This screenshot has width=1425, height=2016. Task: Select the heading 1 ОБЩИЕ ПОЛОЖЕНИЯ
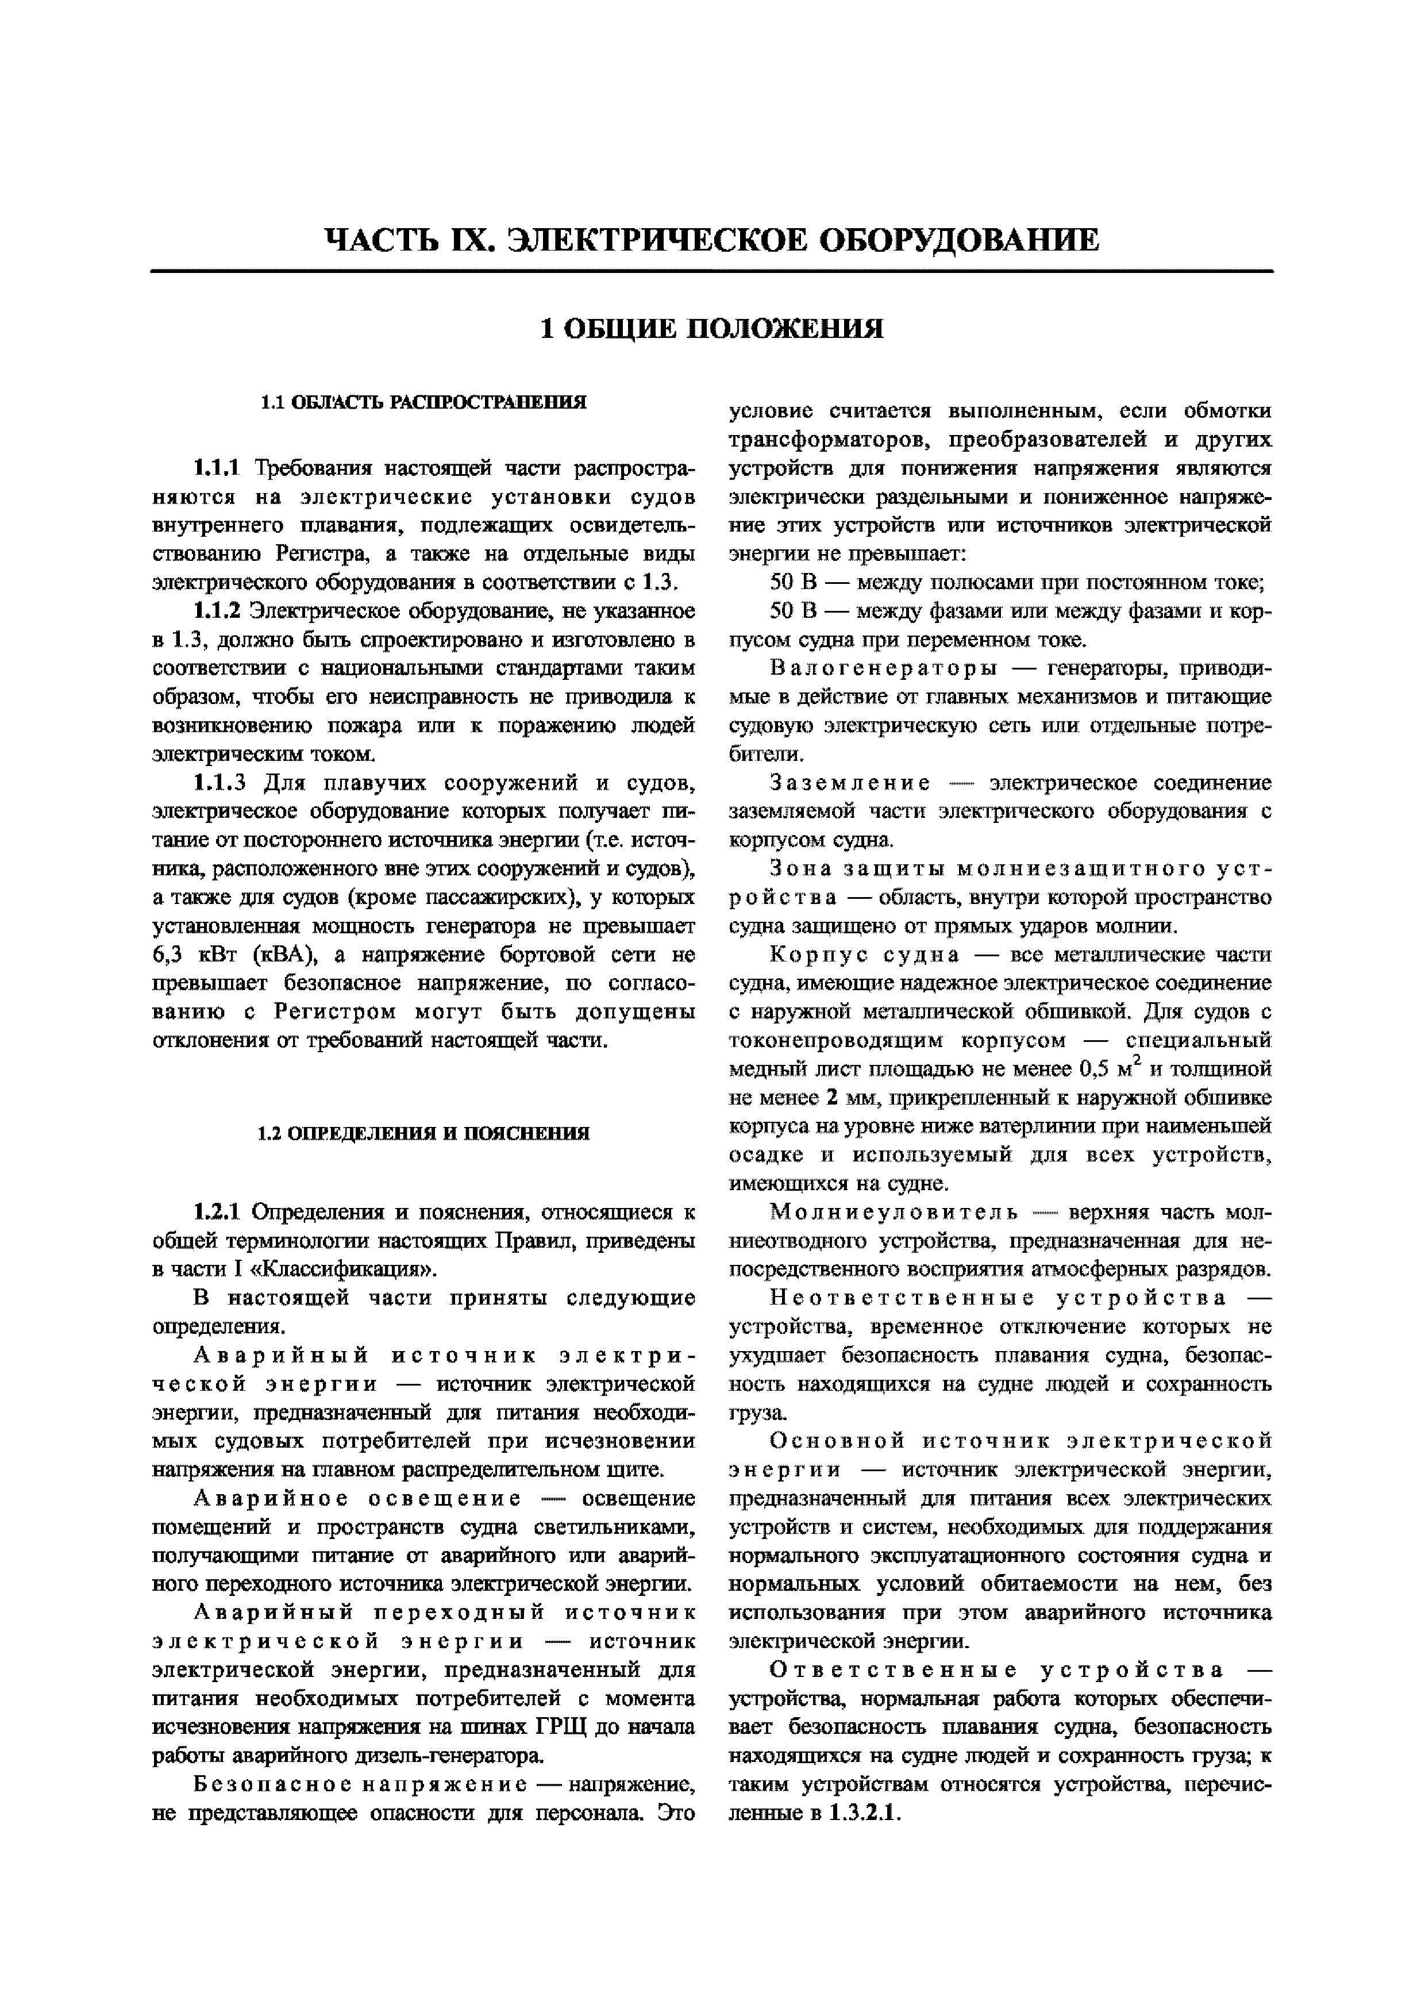pos(711,329)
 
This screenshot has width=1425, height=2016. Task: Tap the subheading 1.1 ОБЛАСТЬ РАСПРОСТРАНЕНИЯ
pos(423,403)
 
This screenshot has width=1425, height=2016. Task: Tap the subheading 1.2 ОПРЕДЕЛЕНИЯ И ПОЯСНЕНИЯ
pos(423,1133)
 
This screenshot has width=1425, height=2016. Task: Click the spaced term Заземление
pos(850,782)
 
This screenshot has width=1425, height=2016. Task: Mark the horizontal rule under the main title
pos(711,271)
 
